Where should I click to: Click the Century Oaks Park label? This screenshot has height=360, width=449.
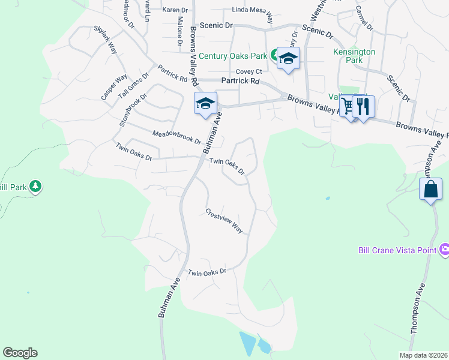232,56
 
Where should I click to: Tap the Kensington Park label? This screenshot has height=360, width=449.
354,56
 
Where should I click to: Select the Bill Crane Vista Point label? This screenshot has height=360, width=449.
397,249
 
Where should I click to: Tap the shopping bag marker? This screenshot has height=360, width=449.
430,190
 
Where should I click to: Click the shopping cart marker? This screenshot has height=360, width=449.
348,106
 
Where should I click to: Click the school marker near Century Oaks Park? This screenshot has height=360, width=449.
288,58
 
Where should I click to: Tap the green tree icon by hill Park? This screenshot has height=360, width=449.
36,187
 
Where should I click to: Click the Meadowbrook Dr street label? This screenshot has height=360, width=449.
176,138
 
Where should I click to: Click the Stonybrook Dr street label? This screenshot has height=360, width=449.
133,110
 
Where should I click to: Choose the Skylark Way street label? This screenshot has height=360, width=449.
105,40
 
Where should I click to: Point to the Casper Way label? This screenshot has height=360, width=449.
113,87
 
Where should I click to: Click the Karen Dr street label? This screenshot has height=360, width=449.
175,10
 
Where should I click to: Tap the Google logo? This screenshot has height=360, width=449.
20,353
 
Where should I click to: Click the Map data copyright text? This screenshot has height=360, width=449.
423,355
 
